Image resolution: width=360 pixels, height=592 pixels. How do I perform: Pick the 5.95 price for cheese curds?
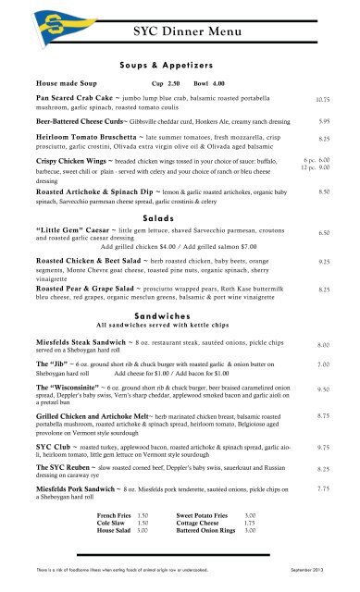324,120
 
